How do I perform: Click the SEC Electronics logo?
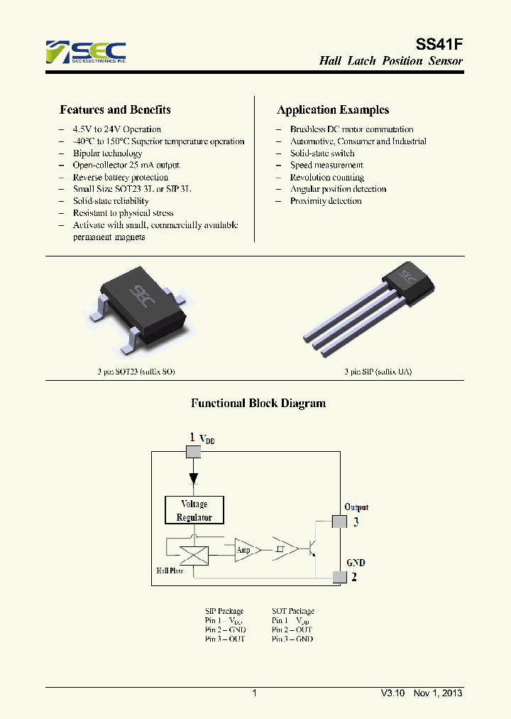coord(86,53)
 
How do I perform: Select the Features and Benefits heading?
coord(115,110)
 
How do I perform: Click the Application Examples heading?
coord(332,110)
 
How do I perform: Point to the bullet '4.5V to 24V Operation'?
coord(116,129)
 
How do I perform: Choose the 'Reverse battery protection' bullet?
coord(120,177)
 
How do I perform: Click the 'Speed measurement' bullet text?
coord(326,165)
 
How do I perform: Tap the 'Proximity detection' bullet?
coord(326,201)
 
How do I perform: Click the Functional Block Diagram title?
coord(258,404)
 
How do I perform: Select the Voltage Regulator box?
coord(194,510)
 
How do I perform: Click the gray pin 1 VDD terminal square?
coord(193,452)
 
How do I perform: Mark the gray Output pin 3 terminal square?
coord(341,521)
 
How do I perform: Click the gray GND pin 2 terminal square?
coord(341,576)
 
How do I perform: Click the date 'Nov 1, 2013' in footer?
coord(437,693)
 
